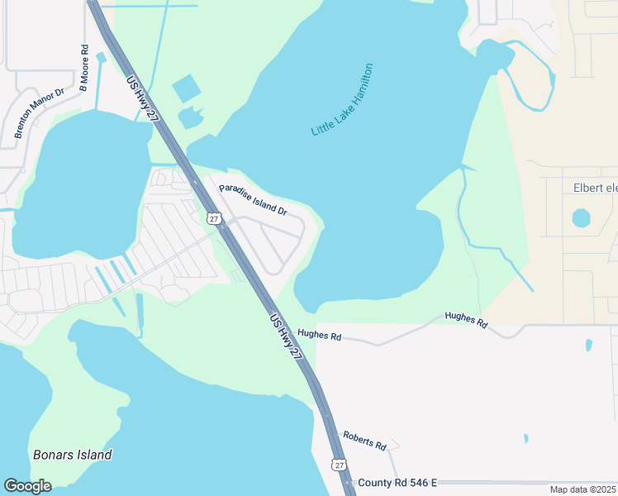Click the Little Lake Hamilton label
coord(342,100)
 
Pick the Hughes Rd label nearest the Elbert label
coord(466,317)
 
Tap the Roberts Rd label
coord(364,440)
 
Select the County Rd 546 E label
coord(397,483)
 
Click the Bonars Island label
coord(73,455)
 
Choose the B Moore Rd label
coord(83,68)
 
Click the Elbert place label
coord(595,188)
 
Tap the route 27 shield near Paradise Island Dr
coord(215,219)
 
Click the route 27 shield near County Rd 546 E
coord(340,465)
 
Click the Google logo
coord(27,486)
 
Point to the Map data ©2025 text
coord(582,489)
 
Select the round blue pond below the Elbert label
coord(582,218)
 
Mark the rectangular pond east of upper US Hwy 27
coord(187,88)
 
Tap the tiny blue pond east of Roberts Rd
coord(525,438)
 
